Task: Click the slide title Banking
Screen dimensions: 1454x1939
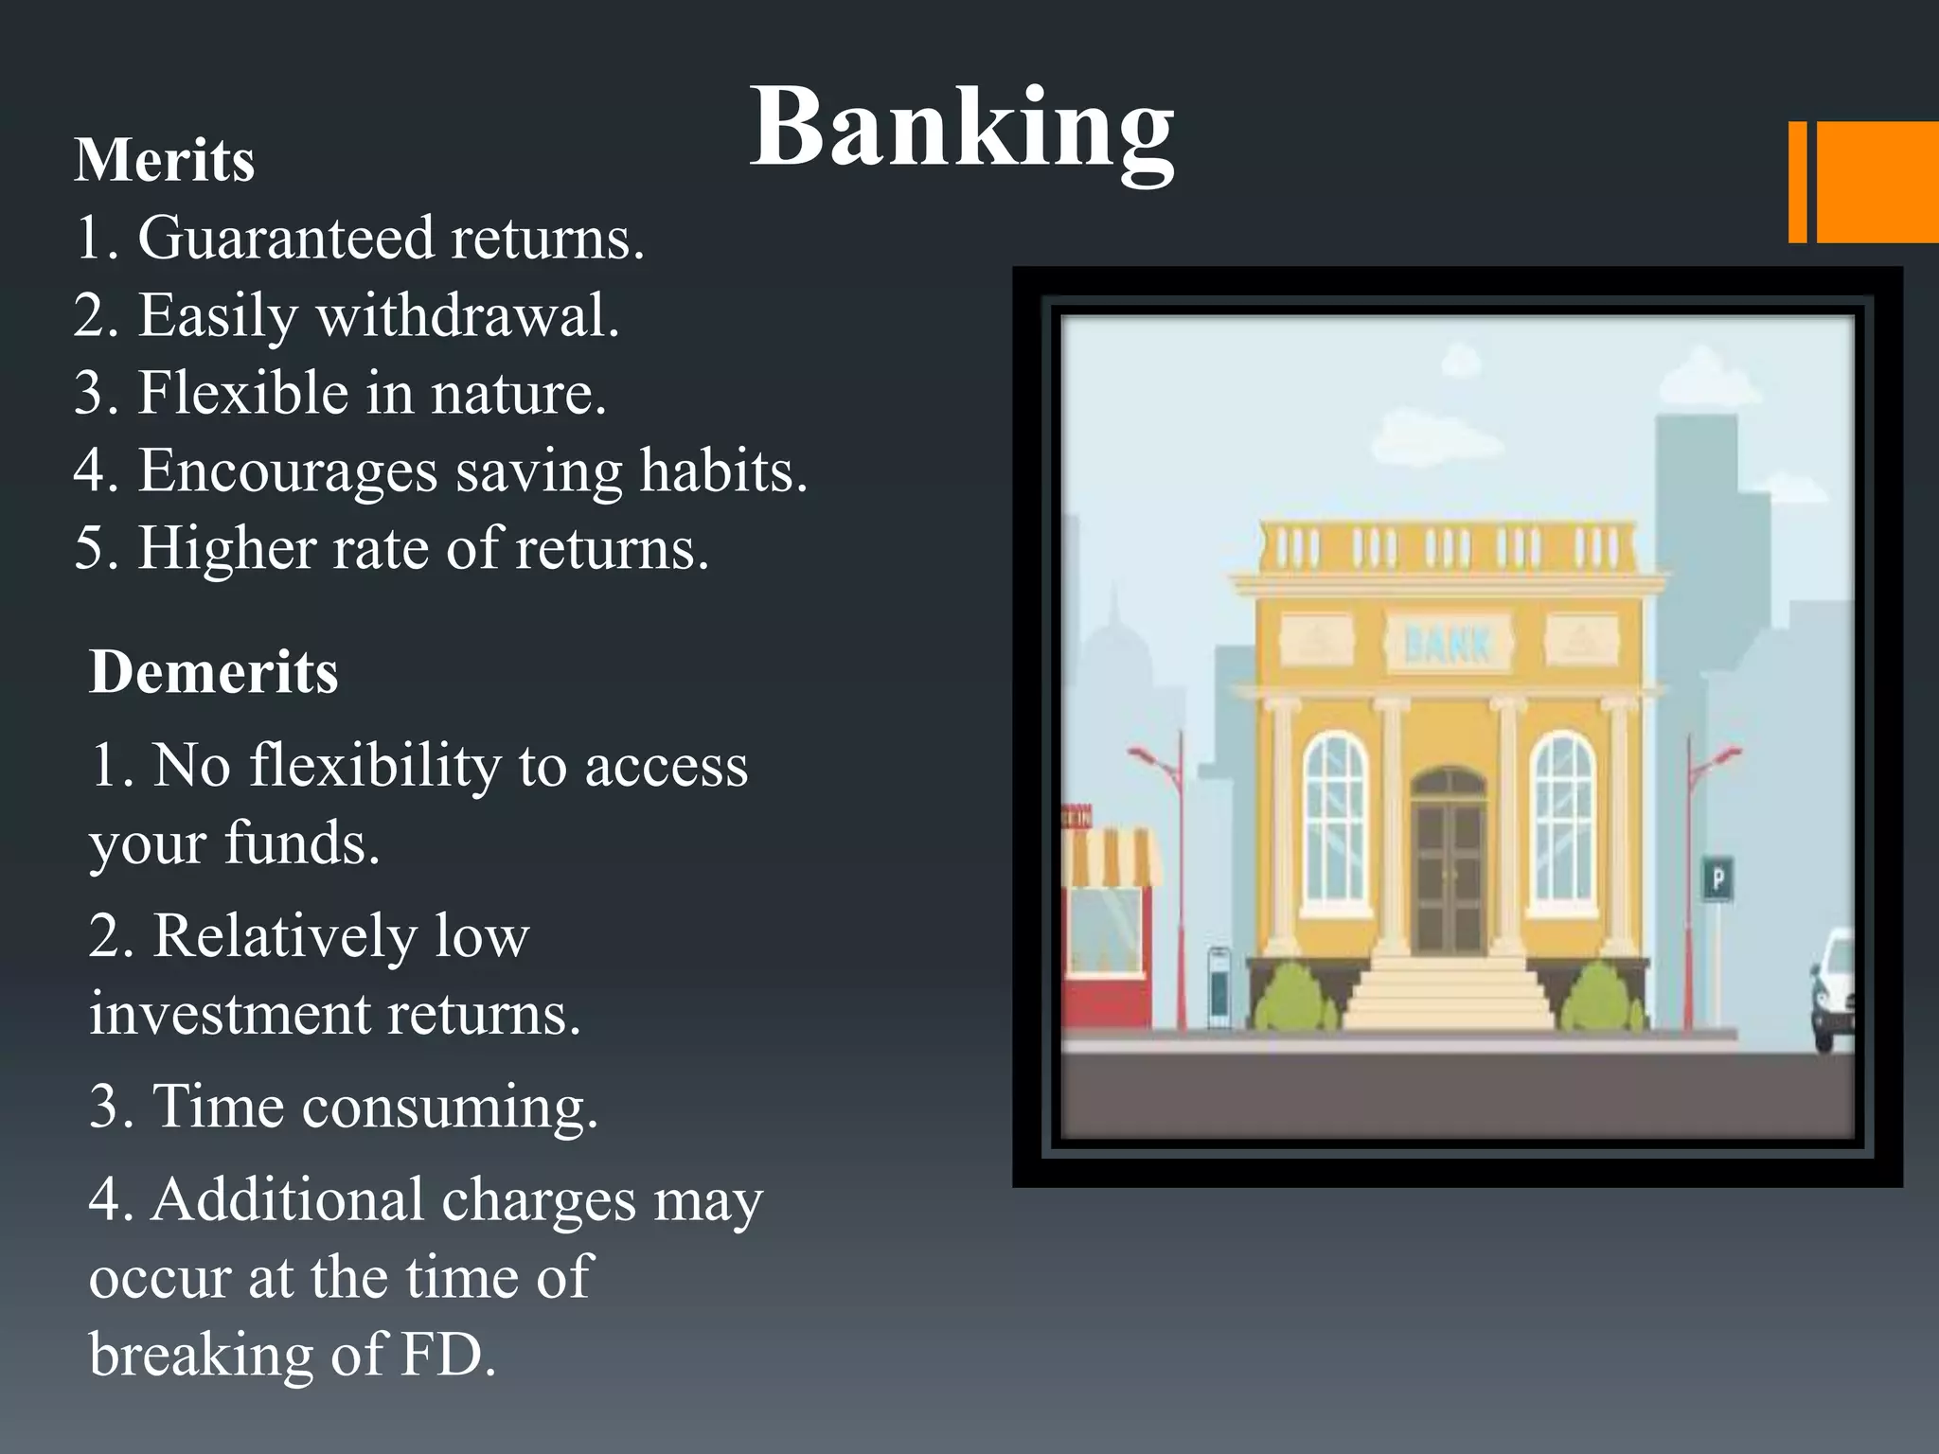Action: tap(961, 128)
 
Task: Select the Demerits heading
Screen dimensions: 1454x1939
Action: tap(213, 672)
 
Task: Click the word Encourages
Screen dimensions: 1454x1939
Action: tap(288, 470)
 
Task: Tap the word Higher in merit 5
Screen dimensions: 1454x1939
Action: tap(226, 548)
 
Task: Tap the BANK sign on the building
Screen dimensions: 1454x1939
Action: tap(1447, 644)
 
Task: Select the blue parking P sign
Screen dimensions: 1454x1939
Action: tap(1718, 879)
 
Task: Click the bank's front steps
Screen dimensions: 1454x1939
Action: tap(1449, 994)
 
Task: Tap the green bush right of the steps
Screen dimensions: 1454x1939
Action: tap(1601, 999)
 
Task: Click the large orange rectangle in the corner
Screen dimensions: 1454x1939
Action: tap(1877, 182)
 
